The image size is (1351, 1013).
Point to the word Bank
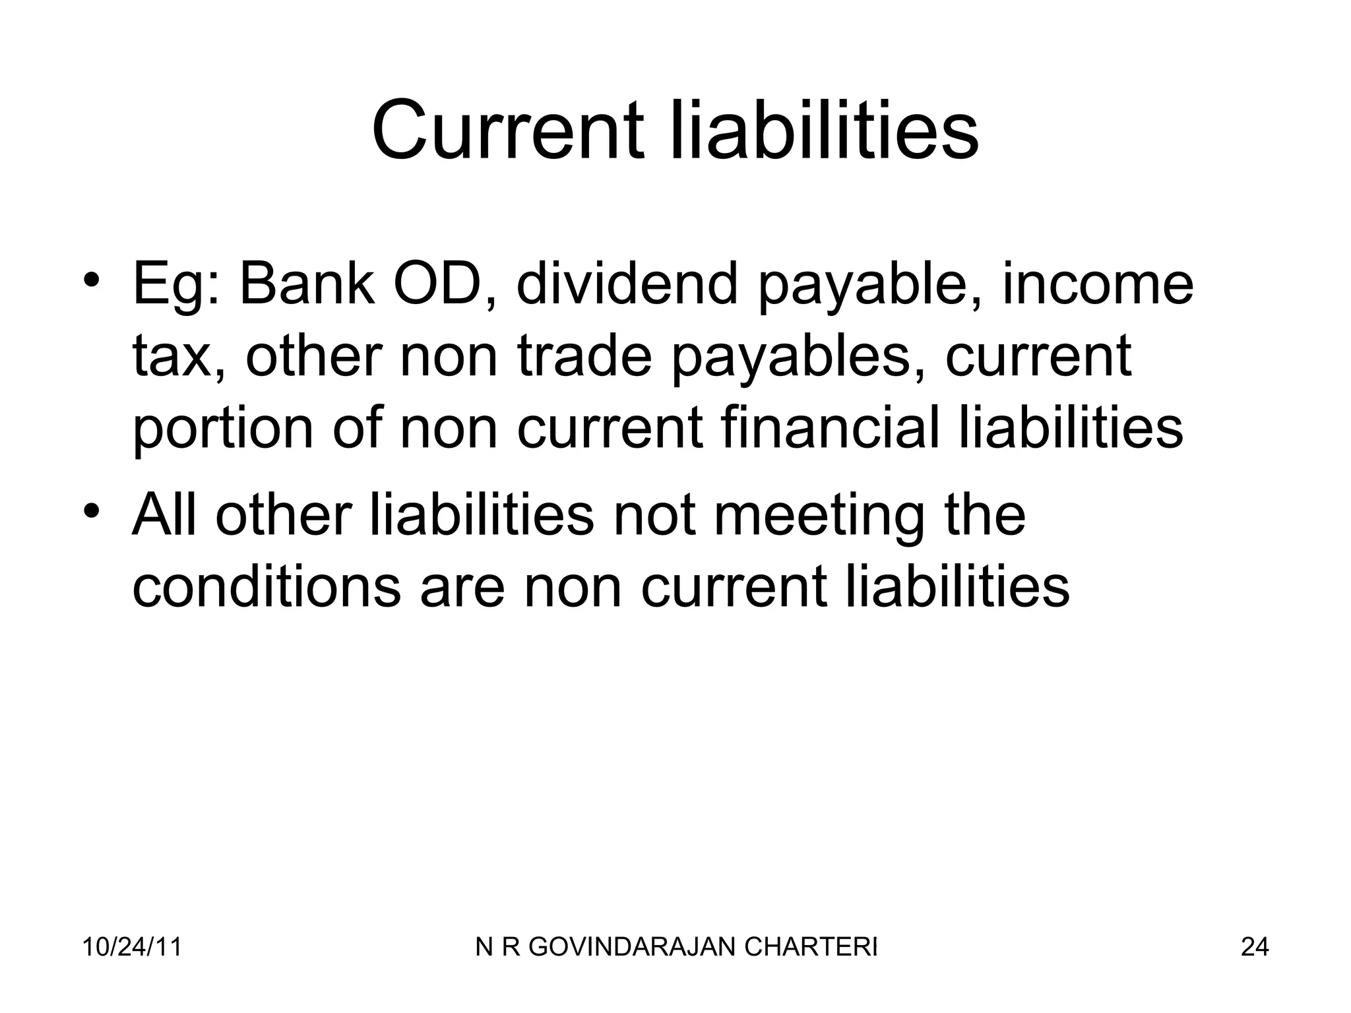pos(307,285)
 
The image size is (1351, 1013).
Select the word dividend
pos(627,285)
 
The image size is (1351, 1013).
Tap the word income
pos(1098,285)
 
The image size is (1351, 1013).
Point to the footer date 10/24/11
pos(132,947)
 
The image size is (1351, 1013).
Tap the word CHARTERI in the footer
pos(811,947)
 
